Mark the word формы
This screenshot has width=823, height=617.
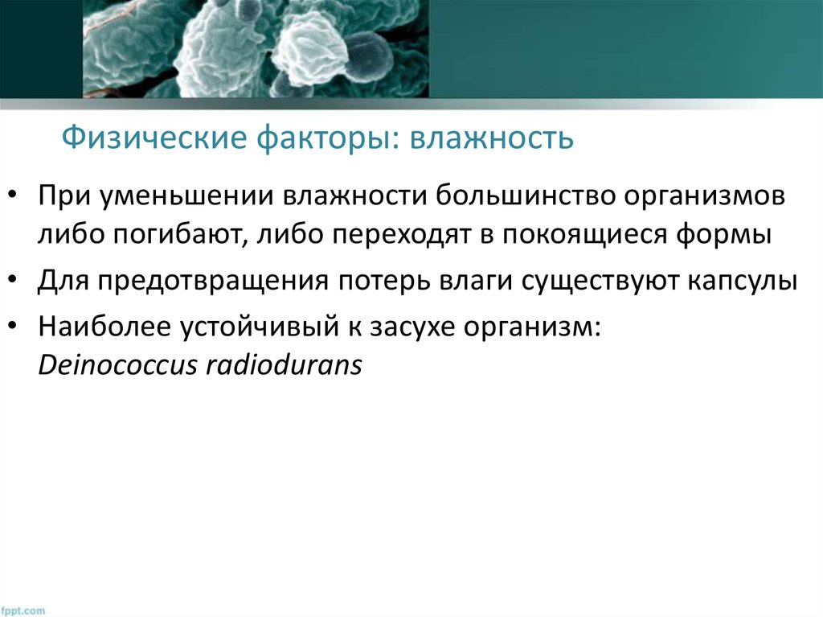(732, 234)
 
